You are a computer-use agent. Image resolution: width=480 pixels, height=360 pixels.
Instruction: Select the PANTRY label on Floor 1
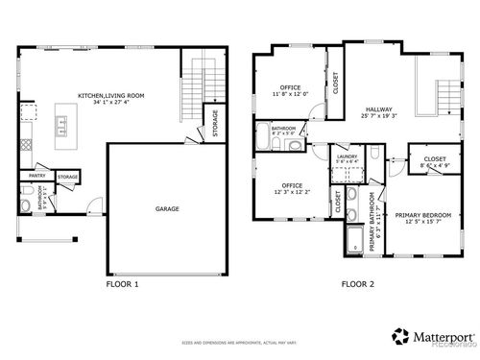click(37, 176)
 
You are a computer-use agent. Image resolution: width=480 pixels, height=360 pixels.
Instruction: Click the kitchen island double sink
click(62, 123)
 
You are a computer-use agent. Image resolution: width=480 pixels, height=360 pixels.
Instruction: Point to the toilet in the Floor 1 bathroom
click(26, 203)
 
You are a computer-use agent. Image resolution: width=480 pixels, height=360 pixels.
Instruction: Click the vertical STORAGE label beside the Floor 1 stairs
click(214, 124)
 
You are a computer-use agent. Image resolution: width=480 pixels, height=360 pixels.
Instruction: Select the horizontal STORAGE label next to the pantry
click(67, 177)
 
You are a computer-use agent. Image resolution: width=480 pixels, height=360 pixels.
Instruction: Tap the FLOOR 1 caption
click(122, 285)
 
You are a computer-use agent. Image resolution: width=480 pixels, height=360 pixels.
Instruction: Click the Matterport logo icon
click(397, 335)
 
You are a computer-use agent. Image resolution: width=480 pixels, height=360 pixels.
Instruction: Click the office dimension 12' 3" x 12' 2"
click(292, 191)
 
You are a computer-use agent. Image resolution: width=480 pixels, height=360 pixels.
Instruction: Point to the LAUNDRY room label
click(348, 156)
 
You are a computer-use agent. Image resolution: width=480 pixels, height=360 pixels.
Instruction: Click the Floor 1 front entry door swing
click(90, 204)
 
